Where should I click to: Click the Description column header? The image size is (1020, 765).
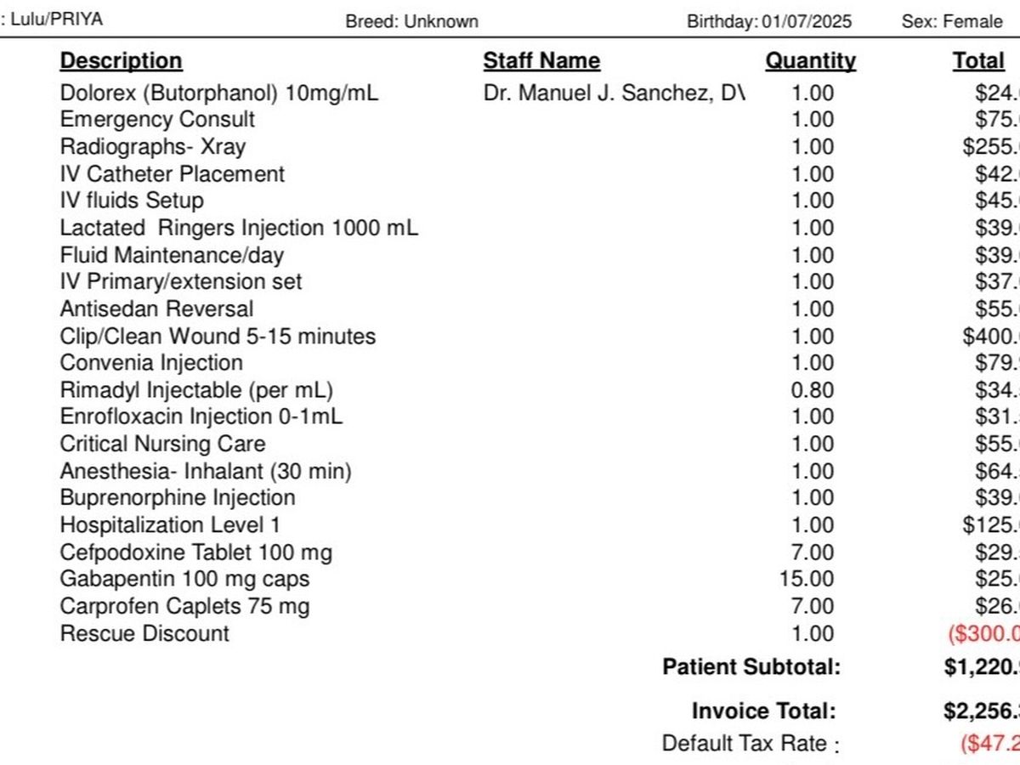(121, 61)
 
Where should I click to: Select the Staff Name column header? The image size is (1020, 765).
(541, 61)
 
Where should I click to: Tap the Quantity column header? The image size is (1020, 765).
(810, 61)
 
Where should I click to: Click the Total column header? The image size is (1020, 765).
(978, 61)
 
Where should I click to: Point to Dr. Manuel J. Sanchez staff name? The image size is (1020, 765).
(614, 93)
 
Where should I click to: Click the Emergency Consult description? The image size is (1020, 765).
(157, 120)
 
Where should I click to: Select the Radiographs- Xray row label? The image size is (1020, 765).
(152, 147)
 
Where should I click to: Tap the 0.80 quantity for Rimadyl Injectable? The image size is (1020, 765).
(813, 390)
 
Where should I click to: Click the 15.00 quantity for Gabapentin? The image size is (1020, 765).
(807, 580)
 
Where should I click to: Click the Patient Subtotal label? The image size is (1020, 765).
(751, 667)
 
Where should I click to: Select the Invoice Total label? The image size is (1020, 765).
(763, 711)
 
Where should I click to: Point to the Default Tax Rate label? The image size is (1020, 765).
(745, 744)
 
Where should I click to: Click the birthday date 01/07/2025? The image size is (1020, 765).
(806, 21)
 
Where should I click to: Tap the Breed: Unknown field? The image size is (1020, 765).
(411, 21)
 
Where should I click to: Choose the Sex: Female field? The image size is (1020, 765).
(952, 21)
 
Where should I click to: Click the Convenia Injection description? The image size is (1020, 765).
(151, 363)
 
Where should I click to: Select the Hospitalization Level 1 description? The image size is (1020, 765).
(170, 525)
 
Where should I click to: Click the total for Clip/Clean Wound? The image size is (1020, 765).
(991, 337)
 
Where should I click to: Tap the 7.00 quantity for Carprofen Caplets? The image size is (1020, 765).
(813, 607)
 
